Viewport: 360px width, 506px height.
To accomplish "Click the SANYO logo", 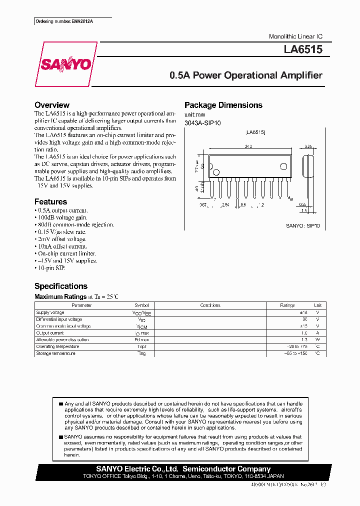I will [x=65, y=64].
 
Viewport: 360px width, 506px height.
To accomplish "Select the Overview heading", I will [x=51, y=105].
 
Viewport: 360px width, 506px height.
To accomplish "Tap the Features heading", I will [x=50, y=201].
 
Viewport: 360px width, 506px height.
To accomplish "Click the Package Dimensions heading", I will [x=223, y=105].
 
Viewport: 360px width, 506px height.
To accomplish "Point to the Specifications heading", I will [x=60, y=286].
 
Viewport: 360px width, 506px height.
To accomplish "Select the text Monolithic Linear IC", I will [x=295, y=36].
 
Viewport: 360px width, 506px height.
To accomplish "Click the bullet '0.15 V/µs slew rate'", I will [x=61, y=232].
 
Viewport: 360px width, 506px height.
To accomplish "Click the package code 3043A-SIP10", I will [x=202, y=122].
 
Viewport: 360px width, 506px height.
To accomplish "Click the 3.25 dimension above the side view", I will [x=308, y=147].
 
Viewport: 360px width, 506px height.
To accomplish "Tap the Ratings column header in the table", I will [x=287, y=305].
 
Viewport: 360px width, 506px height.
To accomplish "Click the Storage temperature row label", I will [x=55, y=353].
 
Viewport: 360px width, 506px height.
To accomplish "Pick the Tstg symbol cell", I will [x=141, y=353].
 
